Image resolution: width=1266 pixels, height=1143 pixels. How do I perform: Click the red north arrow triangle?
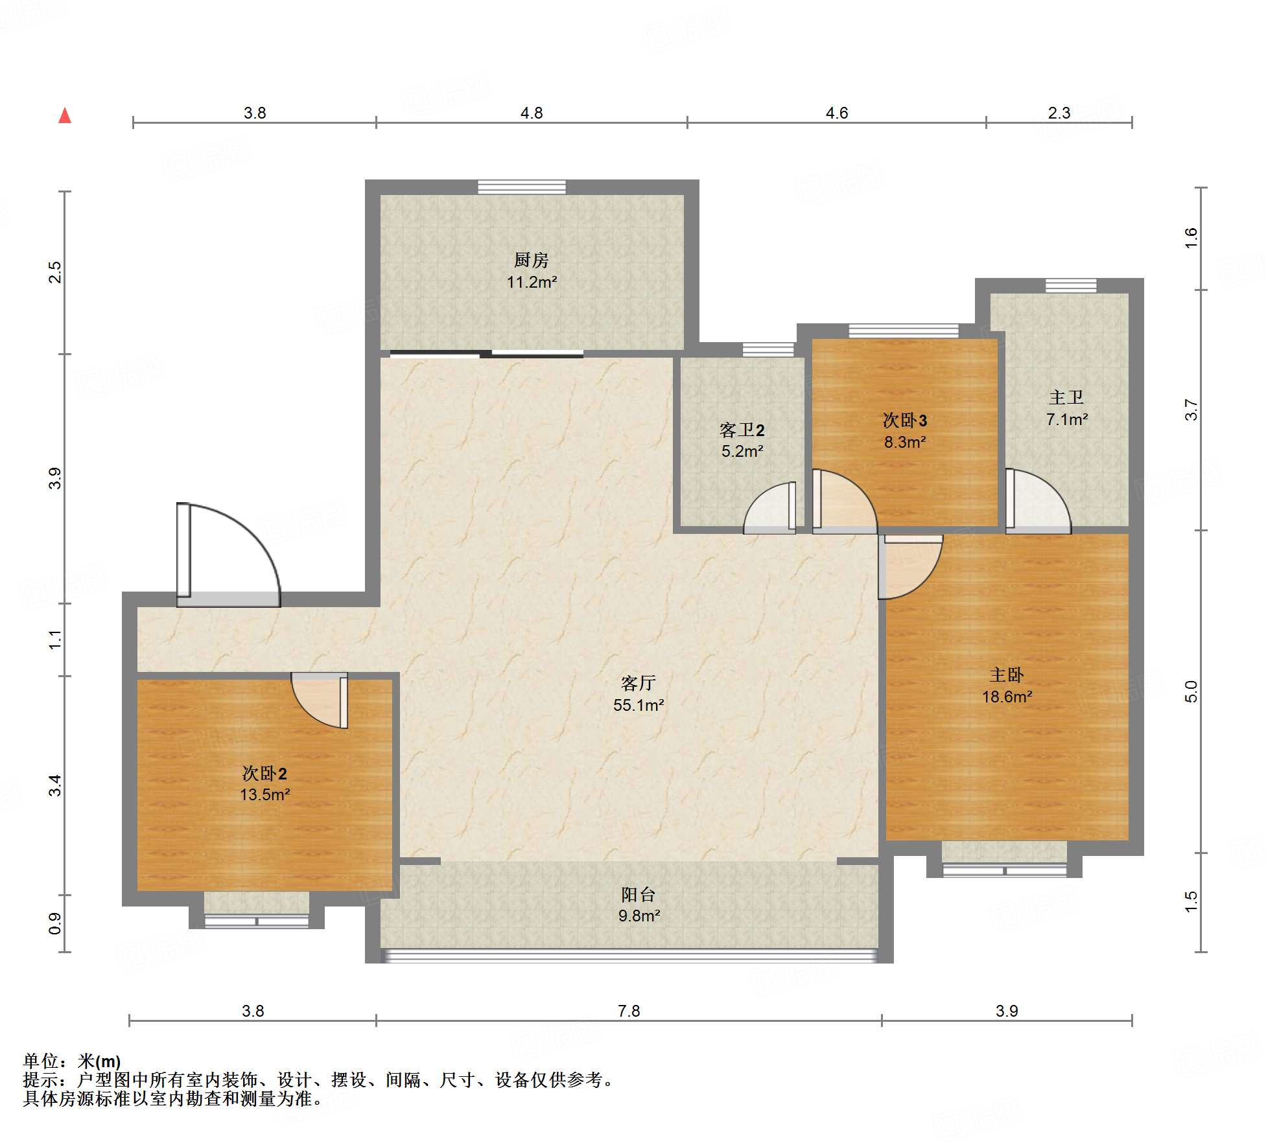65,115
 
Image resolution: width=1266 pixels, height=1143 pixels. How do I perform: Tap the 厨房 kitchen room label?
532,260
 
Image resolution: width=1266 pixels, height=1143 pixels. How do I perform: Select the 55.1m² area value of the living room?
639,705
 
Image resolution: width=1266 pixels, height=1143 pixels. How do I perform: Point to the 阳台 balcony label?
639,894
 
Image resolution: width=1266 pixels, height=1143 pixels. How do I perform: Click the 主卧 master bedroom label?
1007,675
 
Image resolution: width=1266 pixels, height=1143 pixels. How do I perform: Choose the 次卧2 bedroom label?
264,773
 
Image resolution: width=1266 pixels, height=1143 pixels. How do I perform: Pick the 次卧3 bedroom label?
905,421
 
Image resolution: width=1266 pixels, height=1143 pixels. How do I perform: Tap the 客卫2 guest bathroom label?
742,430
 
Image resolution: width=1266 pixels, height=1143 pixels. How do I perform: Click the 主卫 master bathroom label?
1066,397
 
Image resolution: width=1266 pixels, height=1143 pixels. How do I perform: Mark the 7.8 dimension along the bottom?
629,1011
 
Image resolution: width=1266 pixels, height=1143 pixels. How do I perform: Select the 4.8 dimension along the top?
532,113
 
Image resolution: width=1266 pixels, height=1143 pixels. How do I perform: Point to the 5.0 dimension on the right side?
1191,692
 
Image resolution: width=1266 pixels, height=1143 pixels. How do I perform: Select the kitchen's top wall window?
522,187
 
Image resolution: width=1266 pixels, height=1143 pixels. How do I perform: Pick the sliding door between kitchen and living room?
487,354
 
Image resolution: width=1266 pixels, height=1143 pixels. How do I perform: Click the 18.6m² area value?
1007,697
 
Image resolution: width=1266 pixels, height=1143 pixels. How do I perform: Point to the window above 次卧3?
904,330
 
